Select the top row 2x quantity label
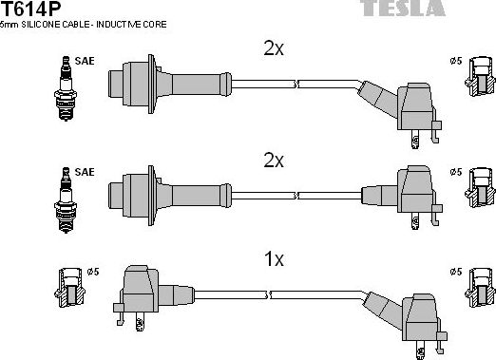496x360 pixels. pos(273,48)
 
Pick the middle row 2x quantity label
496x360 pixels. pos(273,161)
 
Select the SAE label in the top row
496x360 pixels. pos(84,61)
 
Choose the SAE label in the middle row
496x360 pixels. pos(84,172)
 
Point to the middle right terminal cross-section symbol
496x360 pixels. pos(478,189)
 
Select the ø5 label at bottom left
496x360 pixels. pos(93,273)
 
